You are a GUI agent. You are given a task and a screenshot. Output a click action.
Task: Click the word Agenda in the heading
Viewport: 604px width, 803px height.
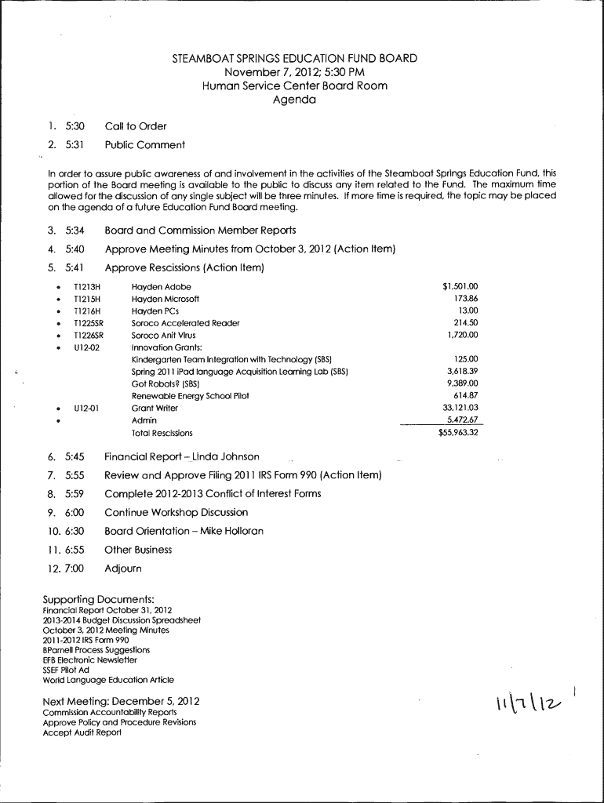point(294,100)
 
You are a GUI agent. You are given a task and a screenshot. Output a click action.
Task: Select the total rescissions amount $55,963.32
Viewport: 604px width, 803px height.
point(458,433)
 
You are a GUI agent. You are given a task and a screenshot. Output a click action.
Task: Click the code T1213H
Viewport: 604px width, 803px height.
point(87,287)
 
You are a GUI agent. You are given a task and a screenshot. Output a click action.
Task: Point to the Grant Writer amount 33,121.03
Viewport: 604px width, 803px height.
point(460,408)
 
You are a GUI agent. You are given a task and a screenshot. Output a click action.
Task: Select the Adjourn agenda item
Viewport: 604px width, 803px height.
point(123,569)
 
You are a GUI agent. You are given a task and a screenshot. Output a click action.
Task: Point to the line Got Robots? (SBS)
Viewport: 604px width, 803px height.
point(166,384)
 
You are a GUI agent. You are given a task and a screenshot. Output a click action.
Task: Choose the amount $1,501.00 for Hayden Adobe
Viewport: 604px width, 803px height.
point(460,287)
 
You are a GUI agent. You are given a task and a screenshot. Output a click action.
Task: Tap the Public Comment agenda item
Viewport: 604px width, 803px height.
point(145,145)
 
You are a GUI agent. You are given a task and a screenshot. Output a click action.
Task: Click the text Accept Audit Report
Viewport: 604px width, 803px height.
point(82,732)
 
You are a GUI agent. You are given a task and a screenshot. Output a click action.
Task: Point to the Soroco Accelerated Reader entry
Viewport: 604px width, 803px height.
point(185,323)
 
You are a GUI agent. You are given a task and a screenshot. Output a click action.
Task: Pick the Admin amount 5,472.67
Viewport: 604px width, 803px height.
point(462,420)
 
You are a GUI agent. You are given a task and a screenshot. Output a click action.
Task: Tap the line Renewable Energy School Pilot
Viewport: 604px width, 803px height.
point(190,396)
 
